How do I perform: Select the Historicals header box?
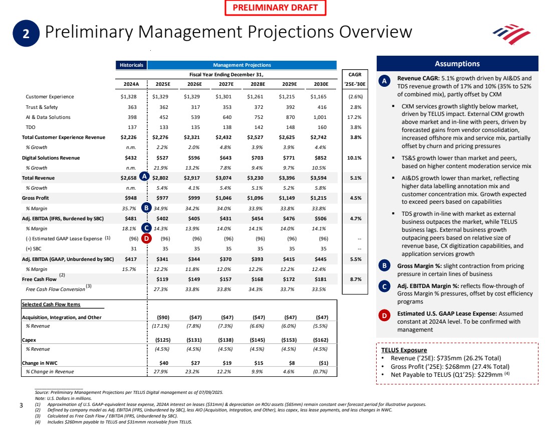coord(131,65)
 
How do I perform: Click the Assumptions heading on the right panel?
coord(457,64)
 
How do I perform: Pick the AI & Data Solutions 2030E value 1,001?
coord(319,117)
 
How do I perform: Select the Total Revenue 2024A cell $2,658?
coord(129,178)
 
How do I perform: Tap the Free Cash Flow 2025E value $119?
coord(162,279)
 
